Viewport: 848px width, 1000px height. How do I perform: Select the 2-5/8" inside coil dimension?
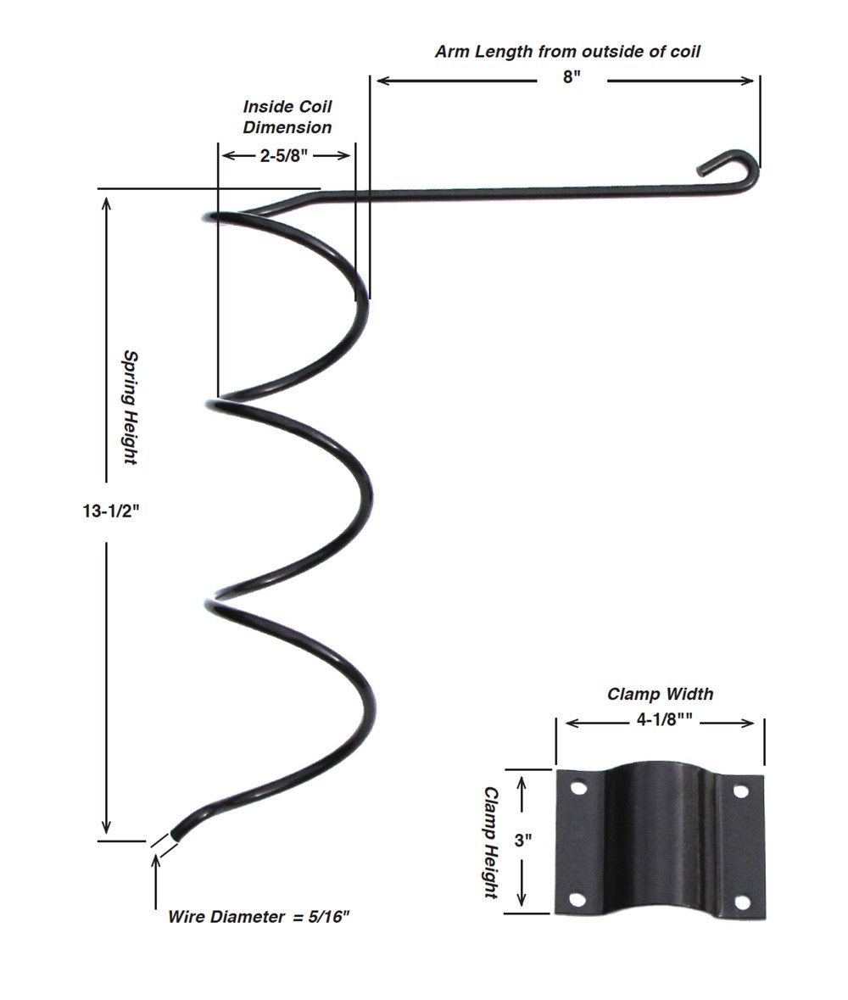tap(286, 155)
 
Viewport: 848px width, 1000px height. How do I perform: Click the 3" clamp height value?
tap(523, 841)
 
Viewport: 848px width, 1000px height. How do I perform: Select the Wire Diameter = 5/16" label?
tap(259, 917)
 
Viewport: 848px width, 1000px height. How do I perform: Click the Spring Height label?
tap(130, 406)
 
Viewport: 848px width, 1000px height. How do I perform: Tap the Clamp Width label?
tap(660, 695)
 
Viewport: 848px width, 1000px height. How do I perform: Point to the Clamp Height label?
tap(490, 841)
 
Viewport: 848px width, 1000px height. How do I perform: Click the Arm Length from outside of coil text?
tap(568, 52)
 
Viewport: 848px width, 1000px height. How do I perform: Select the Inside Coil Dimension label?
tap(287, 117)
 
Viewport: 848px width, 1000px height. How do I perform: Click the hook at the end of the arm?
tap(732, 166)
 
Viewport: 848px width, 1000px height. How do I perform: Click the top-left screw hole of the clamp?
tap(578, 788)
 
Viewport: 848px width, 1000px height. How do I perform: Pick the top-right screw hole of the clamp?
tap(740, 791)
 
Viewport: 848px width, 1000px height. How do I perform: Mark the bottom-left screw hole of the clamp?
tap(578, 899)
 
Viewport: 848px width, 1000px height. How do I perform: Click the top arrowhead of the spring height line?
tap(106, 204)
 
